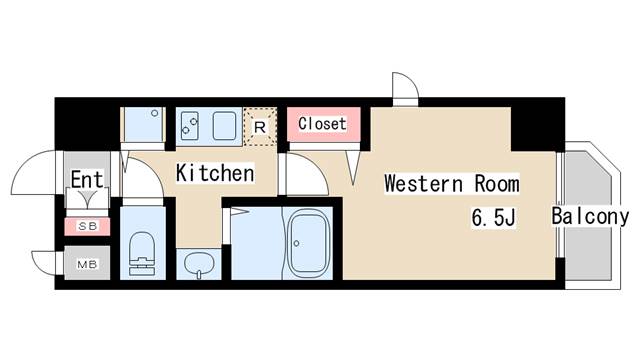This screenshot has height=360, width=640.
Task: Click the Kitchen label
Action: [x=215, y=173]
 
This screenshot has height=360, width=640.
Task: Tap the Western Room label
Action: [x=452, y=183]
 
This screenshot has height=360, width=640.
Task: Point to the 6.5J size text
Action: [x=494, y=217]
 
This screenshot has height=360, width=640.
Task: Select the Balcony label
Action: [x=590, y=216]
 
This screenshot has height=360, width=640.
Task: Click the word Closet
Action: [x=322, y=123]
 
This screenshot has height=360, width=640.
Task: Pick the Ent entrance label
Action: [x=87, y=179]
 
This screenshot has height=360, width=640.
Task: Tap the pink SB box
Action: [x=87, y=226]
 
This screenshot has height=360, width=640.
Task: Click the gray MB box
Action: [x=87, y=263]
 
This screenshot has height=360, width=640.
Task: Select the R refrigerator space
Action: [x=260, y=127]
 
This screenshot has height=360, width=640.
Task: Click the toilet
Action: [x=142, y=253]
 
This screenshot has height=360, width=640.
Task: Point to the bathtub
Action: [x=309, y=244]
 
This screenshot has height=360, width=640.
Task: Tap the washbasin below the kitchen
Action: [x=199, y=264]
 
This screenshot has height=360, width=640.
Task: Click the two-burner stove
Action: [x=190, y=123]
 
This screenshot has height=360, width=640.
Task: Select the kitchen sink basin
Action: [x=224, y=126]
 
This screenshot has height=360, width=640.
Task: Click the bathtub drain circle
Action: [x=296, y=244]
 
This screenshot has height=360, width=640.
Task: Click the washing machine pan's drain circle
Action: [x=155, y=113]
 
